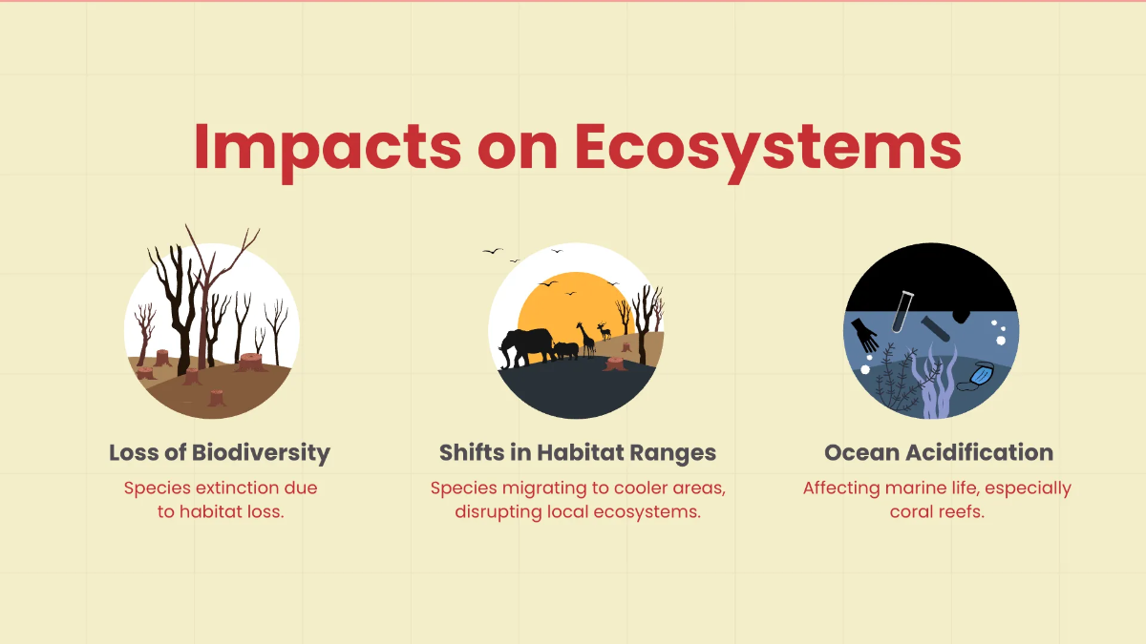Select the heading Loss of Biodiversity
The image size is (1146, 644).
click(220, 453)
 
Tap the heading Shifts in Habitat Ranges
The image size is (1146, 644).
click(578, 453)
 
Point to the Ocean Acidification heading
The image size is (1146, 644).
click(939, 453)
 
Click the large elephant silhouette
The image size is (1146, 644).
click(526, 346)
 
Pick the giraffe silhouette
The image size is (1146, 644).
click(586, 340)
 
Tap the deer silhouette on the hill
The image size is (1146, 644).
click(605, 331)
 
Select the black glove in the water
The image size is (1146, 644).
click(864, 335)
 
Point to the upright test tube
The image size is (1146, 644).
click(902, 311)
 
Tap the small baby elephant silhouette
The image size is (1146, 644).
click(565, 351)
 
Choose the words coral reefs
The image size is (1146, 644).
click(937, 512)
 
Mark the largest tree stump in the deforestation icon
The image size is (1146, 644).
click(250, 363)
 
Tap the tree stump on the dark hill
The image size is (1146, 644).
click(614, 364)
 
